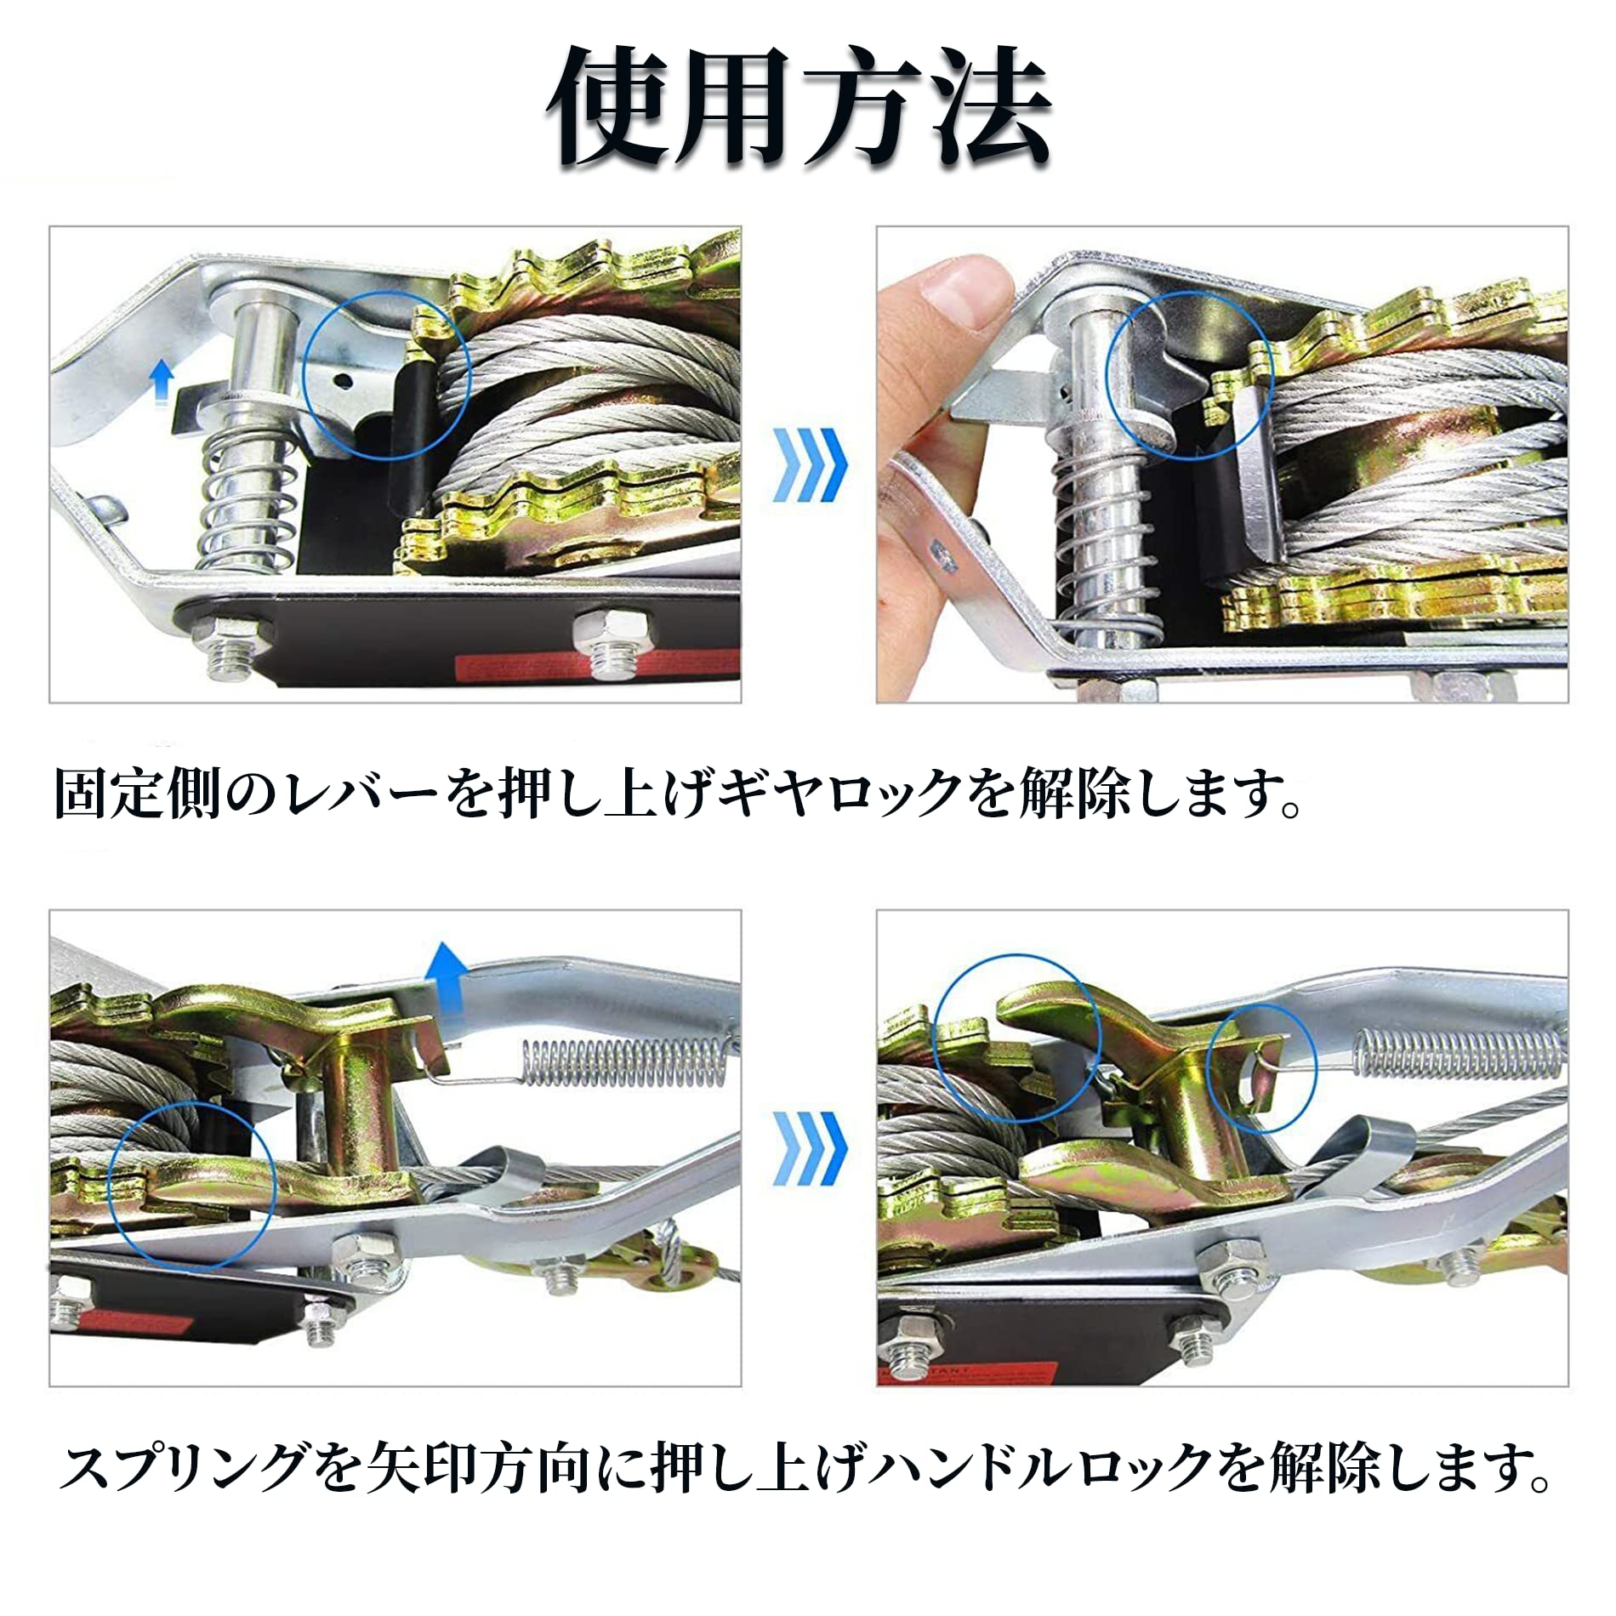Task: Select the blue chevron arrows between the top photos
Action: tap(810, 464)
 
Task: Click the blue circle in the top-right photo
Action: tap(1188, 372)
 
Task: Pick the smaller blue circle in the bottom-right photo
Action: tap(1261, 1068)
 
